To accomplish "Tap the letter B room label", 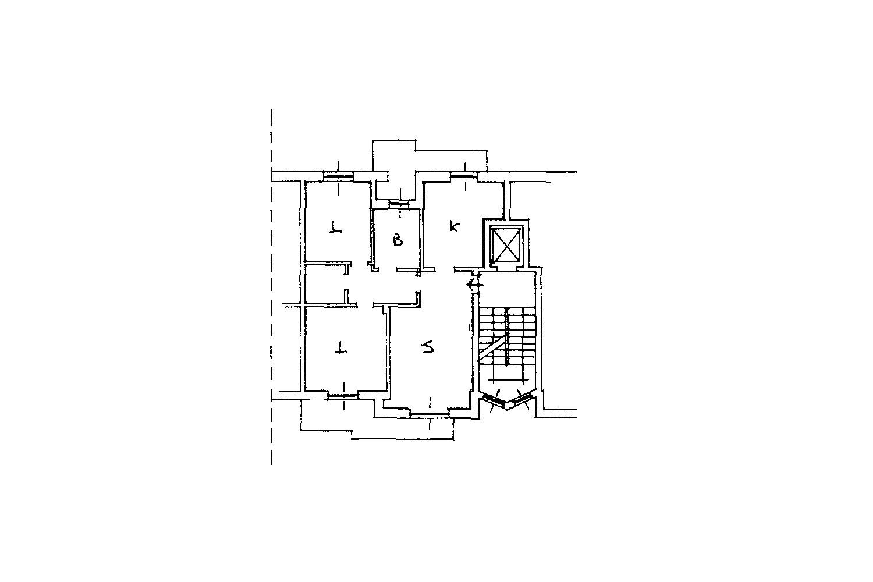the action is point(398,240).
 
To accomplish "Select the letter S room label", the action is point(428,346).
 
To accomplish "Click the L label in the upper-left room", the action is point(336,227).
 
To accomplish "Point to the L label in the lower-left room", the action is point(341,347).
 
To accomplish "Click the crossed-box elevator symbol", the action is point(505,245).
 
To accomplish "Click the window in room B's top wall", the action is point(399,205).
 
